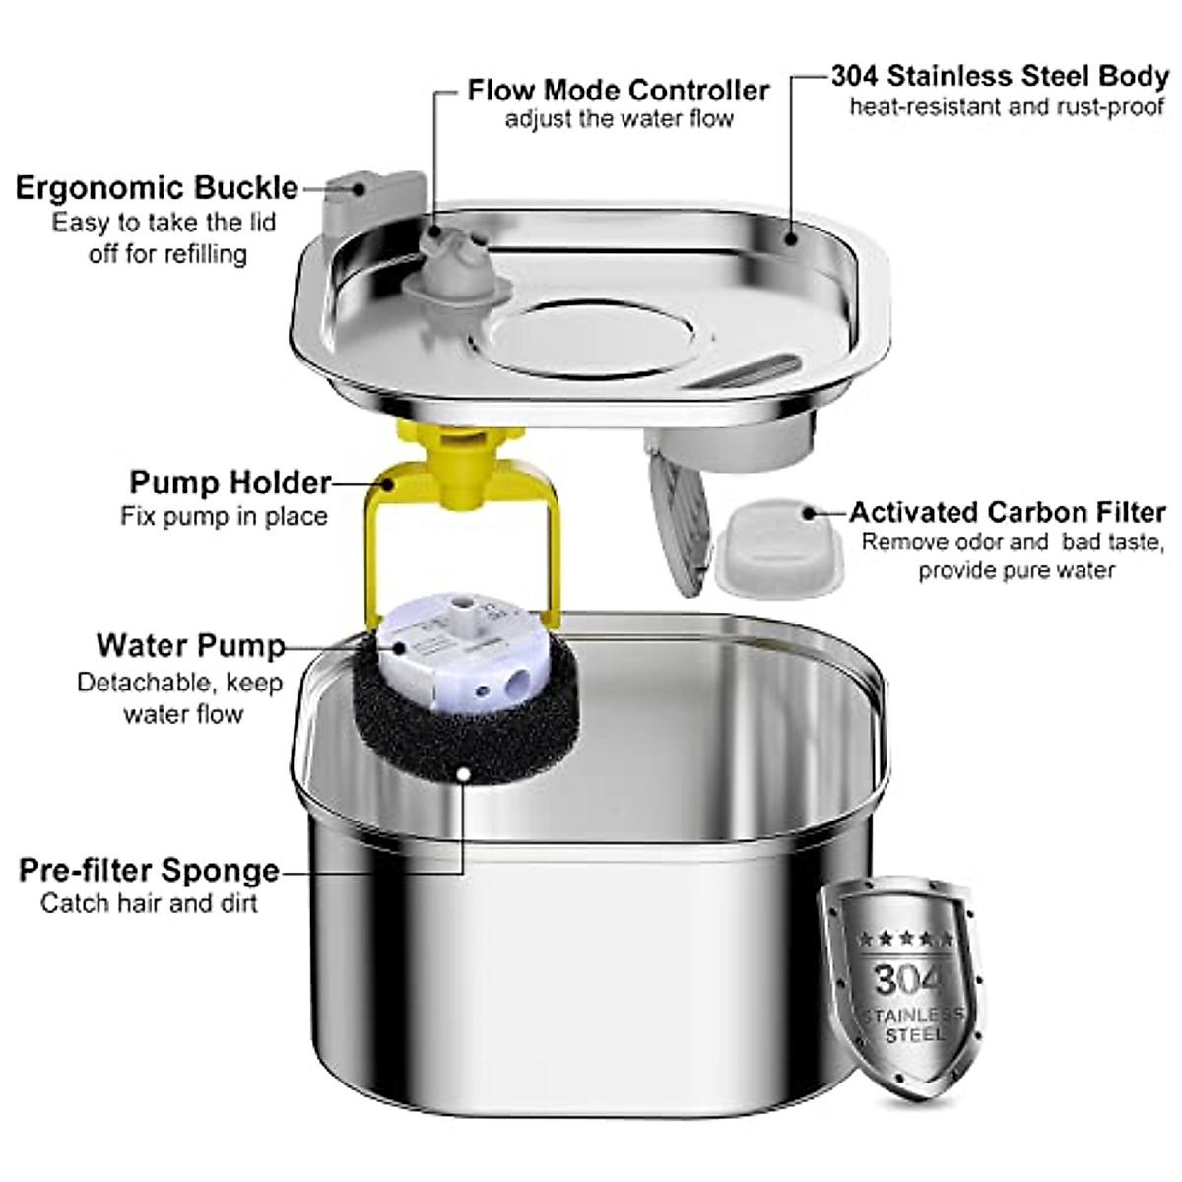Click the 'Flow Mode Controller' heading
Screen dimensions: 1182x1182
pyautogui.click(x=618, y=91)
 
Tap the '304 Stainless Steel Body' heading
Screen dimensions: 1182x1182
pyautogui.click(x=999, y=76)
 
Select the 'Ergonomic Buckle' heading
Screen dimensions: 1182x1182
pyautogui.click(x=157, y=187)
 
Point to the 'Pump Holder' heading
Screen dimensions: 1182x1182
pyautogui.click(x=230, y=483)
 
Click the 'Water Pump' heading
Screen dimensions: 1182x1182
pyautogui.click(x=190, y=646)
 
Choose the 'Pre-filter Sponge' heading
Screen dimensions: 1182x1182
pyautogui.click(x=149, y=871)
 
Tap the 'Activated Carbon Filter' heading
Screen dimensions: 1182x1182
pyautogui.click(x=1007, y=512)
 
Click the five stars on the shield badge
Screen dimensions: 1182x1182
pyautogui.click(x=905, y=937)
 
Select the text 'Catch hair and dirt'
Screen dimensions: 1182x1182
pyautogui.click(x=149, y=903)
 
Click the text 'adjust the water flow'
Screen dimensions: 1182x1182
pyautogui.click(x=619, y=120)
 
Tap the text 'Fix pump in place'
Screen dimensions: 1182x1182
pyautogui.click(x=224, y=516)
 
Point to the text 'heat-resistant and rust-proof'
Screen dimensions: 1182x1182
pyautogui.click(x=1007, y=106)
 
